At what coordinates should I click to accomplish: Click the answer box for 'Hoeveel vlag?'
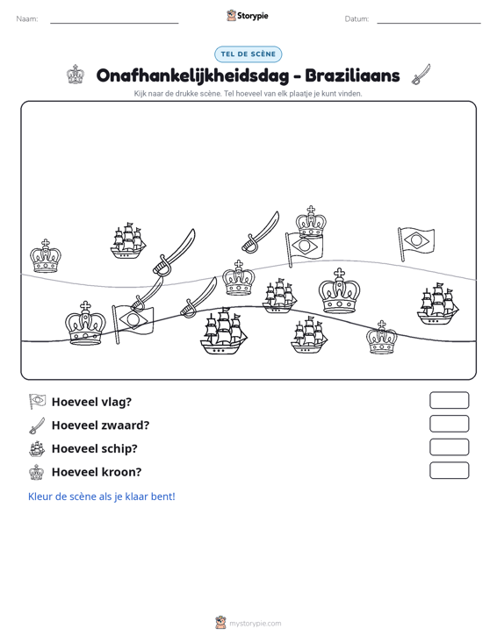pos(449,400)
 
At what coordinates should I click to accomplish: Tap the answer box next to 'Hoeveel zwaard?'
pos(449,424)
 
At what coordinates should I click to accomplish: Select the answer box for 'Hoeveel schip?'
pos(449,447)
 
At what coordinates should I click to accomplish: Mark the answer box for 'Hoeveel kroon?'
pos(449,470)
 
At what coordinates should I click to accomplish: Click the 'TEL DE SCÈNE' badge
pos(248,54)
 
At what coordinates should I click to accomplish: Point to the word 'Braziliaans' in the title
pos(352,75)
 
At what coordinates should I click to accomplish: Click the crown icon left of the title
pos(76,75)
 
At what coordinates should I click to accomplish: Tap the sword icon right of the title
pos(421,75)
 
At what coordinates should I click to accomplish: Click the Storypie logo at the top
pos(247,16)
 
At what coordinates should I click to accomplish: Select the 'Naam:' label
pos(27,19)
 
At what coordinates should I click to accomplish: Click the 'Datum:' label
pos(357,19)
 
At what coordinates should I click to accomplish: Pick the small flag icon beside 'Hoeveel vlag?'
pos(37,402)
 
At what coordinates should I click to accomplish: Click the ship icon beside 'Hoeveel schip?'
pos(37,448)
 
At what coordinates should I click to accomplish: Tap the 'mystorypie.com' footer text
pos(255,624)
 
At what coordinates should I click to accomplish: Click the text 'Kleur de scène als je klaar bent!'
pos(101,497)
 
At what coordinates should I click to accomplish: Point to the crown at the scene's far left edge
pos(46,256)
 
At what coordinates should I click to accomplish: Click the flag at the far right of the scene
pos(415,243)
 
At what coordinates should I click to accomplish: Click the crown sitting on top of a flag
pos(311,222)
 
